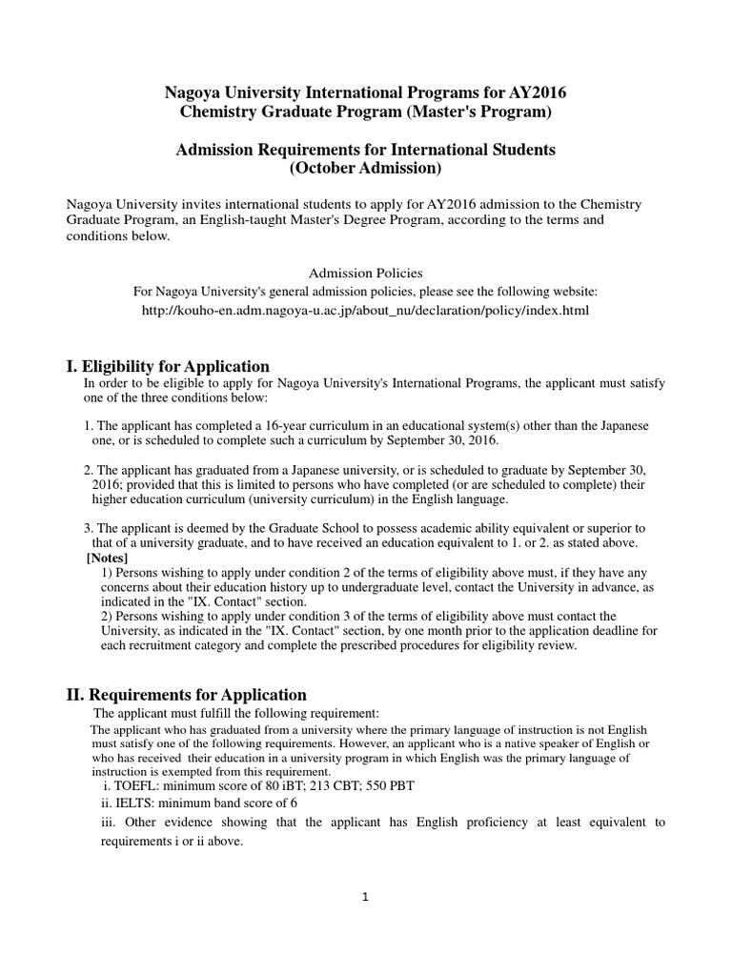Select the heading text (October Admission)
point(365,169)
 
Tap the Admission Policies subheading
point(366,274)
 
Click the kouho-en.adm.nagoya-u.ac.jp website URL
point(365,311)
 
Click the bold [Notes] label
point(107,558)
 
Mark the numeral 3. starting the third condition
point(89,528)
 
